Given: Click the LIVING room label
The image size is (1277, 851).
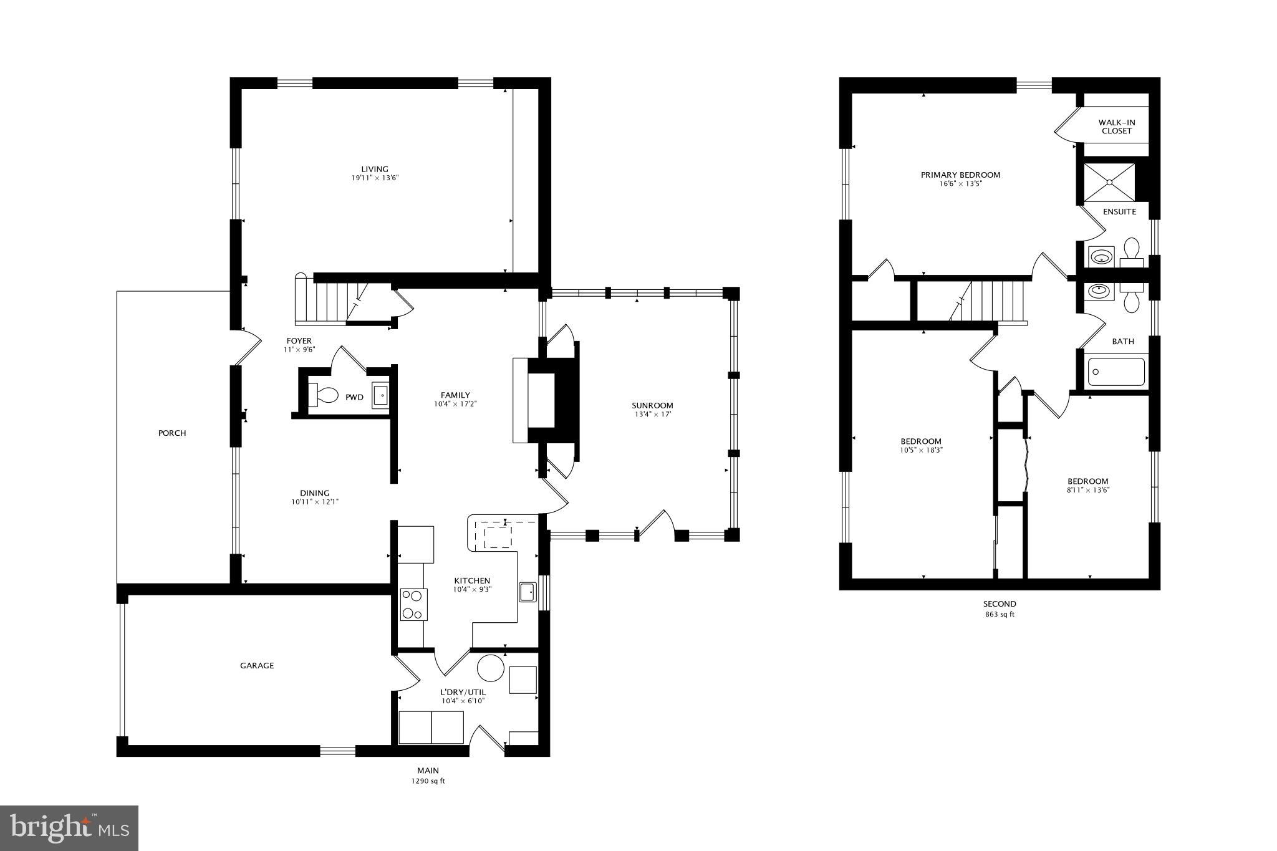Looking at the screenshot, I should coord(375,169).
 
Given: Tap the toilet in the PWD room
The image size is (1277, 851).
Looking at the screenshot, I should coord(324,395).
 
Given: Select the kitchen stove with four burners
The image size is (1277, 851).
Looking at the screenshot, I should coord(413,604).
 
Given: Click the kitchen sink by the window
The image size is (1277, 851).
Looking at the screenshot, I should coord(528,592).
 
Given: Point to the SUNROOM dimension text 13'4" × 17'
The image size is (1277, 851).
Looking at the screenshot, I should coord(652,414).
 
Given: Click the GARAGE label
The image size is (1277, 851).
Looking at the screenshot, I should coord(257,665).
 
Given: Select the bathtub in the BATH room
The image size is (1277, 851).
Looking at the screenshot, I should coord(1116,372).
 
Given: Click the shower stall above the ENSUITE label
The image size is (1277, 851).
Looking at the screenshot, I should coord(1109,182).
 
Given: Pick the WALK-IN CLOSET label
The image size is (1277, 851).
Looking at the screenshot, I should coord(1116,127).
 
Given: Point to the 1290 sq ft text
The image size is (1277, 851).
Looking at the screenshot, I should coord(428,781).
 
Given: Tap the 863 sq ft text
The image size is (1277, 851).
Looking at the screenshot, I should coord(1000,614).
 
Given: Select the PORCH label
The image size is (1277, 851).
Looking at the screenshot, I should coord(172,433).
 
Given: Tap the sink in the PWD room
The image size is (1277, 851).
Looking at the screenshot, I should coord(380,396).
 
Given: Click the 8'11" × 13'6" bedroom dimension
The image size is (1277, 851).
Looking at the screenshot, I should coord(1087,490).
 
